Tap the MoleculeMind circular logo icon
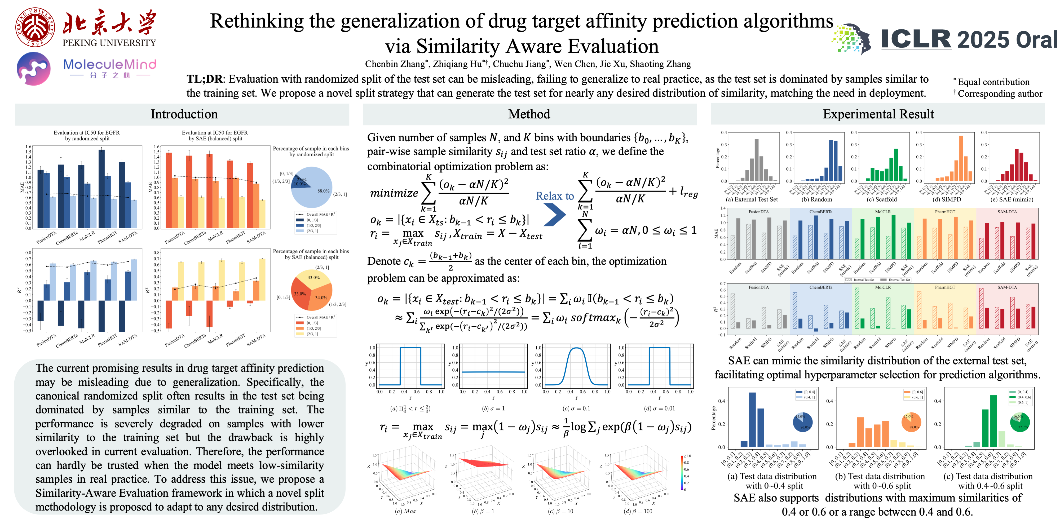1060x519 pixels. pyautogui.click(x=34, y=69)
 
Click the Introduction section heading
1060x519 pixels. pyautogui.click(x=184, y=114)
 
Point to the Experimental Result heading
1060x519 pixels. pyautogui.click(x=878, y=114)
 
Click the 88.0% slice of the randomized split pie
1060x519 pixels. pyautogui.click(x=319, y=193)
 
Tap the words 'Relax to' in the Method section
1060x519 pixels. pyautogui.click(x=554, y=196)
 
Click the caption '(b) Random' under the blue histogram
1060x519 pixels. pyautogui.click(x=816, y=199)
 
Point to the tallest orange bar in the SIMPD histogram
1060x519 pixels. pyautogui.click(x=961, y=159)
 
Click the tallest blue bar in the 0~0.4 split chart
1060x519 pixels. pyautogui.click(x=752, y=419)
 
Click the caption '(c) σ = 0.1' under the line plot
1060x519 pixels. pyautogui.click(x=576, y=408)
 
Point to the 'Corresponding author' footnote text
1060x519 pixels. pyautogui.click(x=1000, y=94)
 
